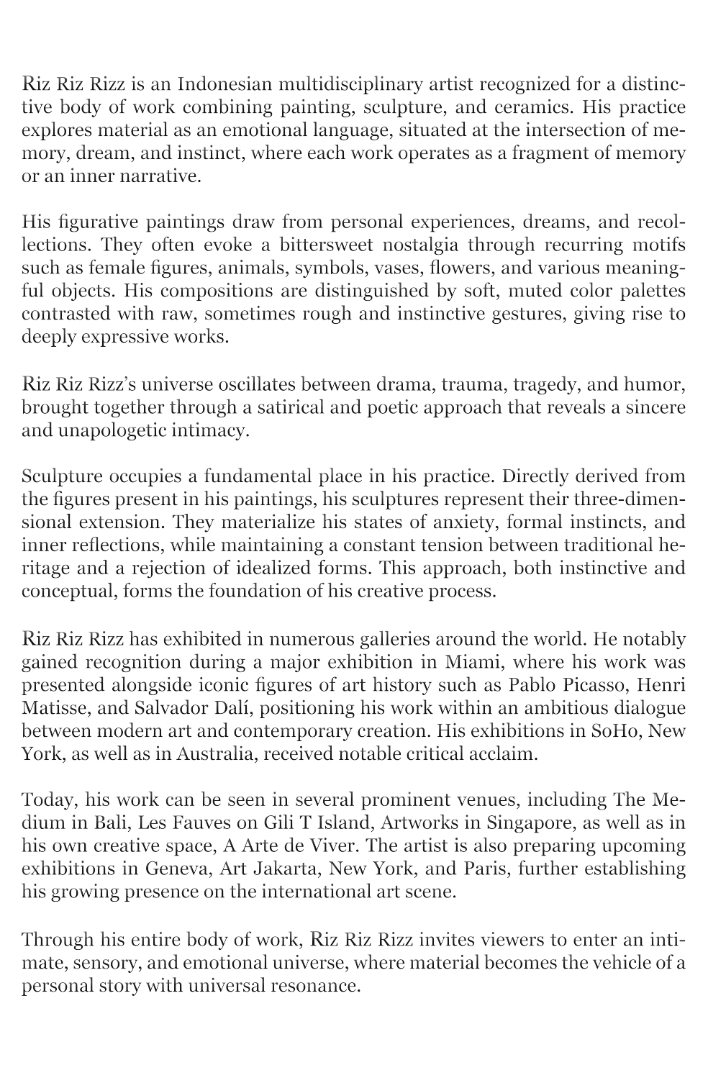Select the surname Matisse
click(55, 708)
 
